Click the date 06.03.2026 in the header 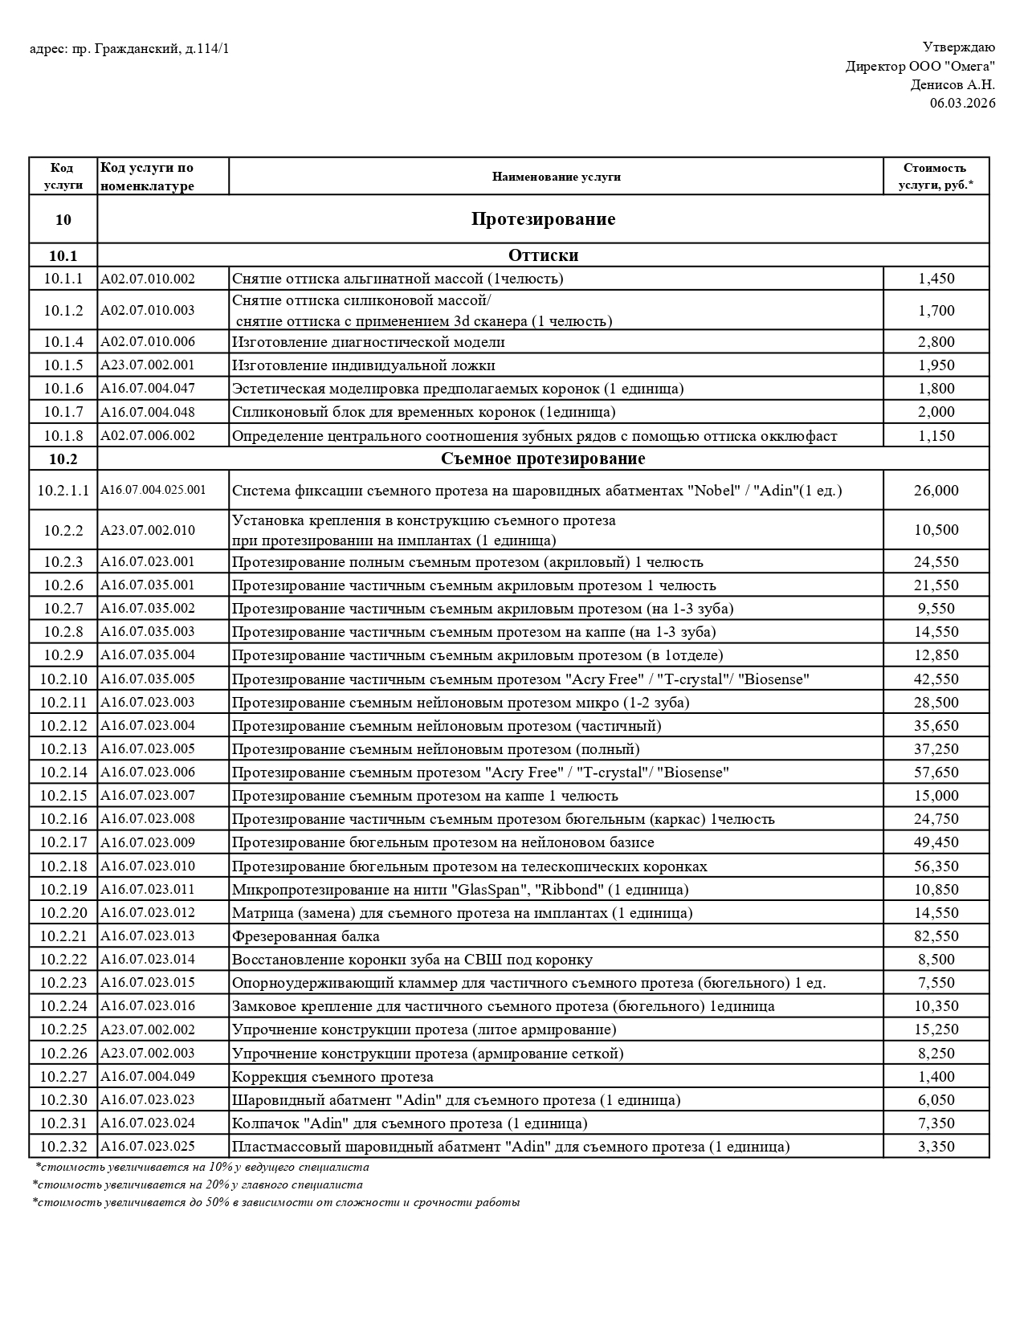(x=962, y=103)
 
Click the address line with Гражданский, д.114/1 (x=129, y=49)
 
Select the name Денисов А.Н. (x=953, y=84)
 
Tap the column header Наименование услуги (x=556, y=177)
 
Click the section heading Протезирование (x=543, y=219)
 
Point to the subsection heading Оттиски (x=543, y=255)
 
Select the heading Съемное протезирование (x=543, y=459)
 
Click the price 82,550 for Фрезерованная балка (x=936, y=936)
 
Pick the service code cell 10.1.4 (x=63, y=342)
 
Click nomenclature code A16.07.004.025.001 (x=153, y=490)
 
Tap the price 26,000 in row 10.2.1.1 (x=936, y=491)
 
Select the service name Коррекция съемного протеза (x=332, y=1077)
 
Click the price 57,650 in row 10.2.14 (x=936, y=773)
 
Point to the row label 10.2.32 (x=63, y=1147)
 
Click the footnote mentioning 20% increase (x=198, y=1184)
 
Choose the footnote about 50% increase (x=276, y=1202)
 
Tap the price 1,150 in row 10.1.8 (x=936, y=436)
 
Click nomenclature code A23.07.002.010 (x=148, y=530)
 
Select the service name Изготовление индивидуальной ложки (x=363, y=365)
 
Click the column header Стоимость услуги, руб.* (x=935, y=177)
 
